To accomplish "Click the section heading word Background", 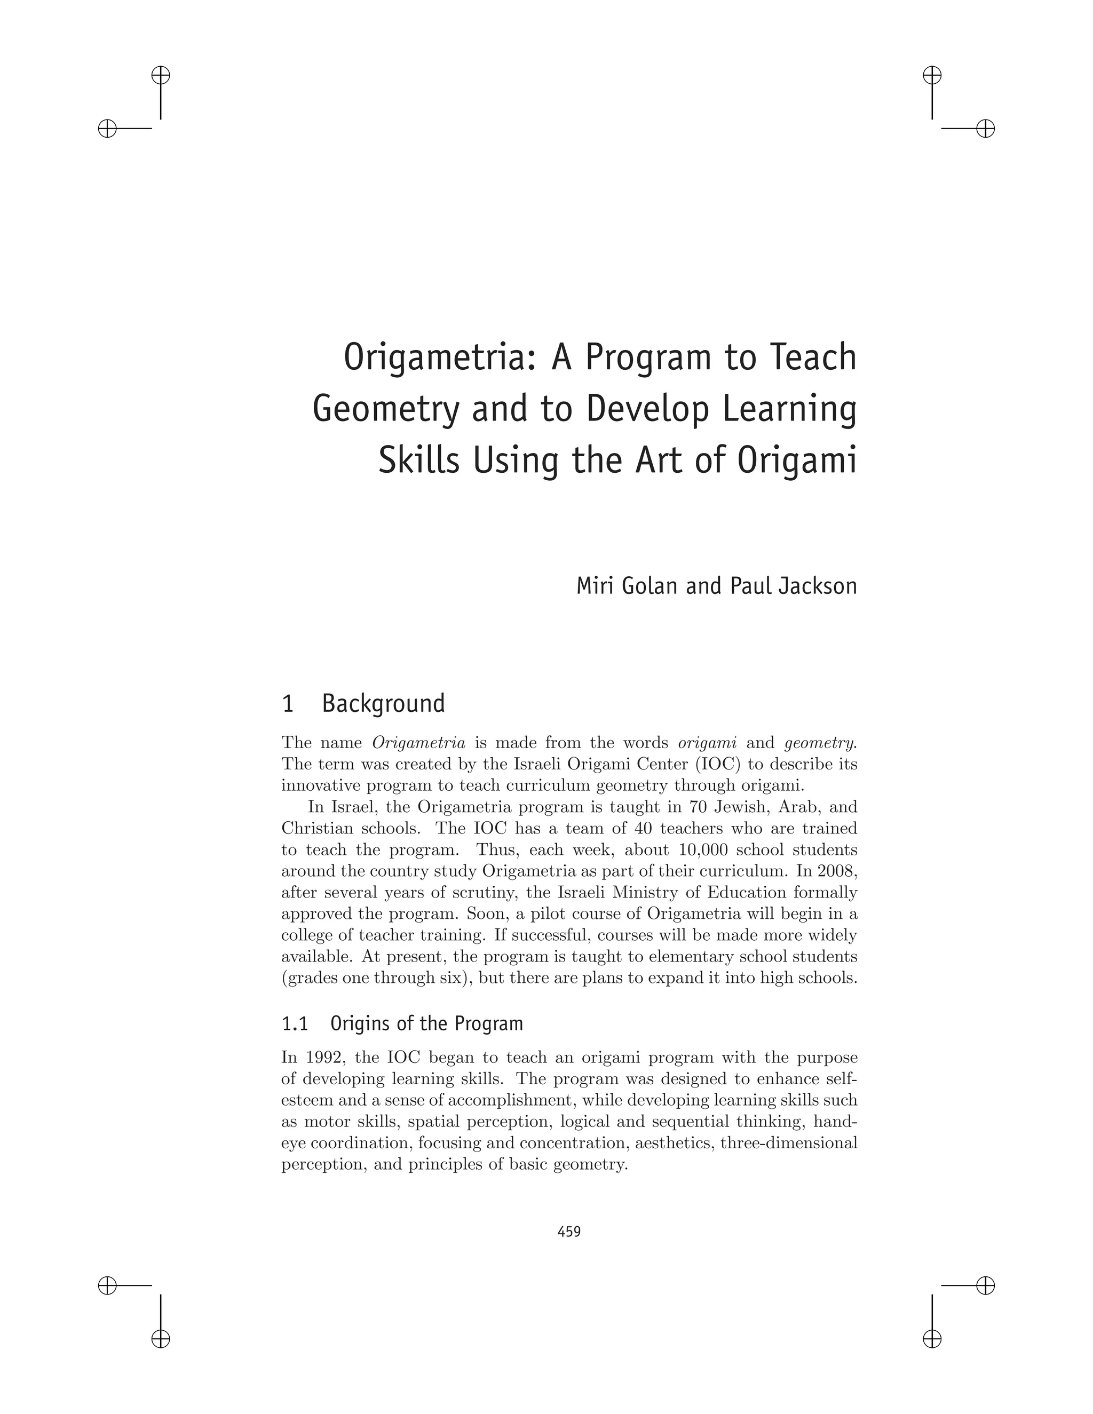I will pos(383,704).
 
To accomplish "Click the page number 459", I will pos(569,1232).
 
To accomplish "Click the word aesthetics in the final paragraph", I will pos(674,1143).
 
